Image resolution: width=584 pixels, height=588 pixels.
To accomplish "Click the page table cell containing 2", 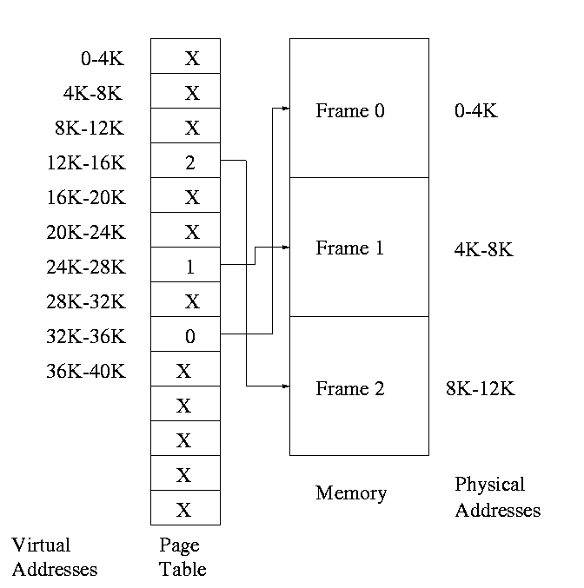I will pos(185,162).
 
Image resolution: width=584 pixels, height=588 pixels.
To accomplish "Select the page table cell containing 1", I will pos(185,266).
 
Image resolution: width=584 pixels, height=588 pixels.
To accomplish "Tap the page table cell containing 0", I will pos(185,335).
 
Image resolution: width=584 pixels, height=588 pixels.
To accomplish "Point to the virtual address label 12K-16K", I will pos(87,162).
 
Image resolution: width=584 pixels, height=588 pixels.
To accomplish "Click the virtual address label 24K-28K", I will pos(87,267).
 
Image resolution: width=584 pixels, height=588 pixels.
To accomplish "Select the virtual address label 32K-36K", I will pos(87,336).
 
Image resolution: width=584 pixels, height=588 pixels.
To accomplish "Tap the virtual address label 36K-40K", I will pos(87,371).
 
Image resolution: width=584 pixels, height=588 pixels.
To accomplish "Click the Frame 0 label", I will pos(349,110).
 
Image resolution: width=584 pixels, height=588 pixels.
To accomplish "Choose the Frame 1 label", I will pos(349,248).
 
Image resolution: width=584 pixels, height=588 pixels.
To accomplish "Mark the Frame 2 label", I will pos(349,388).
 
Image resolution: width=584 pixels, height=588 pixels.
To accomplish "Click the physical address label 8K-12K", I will pos(481,388).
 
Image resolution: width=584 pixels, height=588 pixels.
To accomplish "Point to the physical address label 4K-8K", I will pos(484,249).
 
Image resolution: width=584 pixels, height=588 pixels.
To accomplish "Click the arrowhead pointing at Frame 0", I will pos(285,109).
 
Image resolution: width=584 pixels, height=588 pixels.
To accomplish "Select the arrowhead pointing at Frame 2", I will pos(285,386).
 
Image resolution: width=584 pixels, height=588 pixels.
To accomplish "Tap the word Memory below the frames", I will pos(350,493).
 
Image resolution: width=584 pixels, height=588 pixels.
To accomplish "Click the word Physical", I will pos(490,484).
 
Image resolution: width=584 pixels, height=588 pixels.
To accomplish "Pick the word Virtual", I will pos(41,545).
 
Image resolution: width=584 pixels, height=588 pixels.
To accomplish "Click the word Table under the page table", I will pos(183,569).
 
